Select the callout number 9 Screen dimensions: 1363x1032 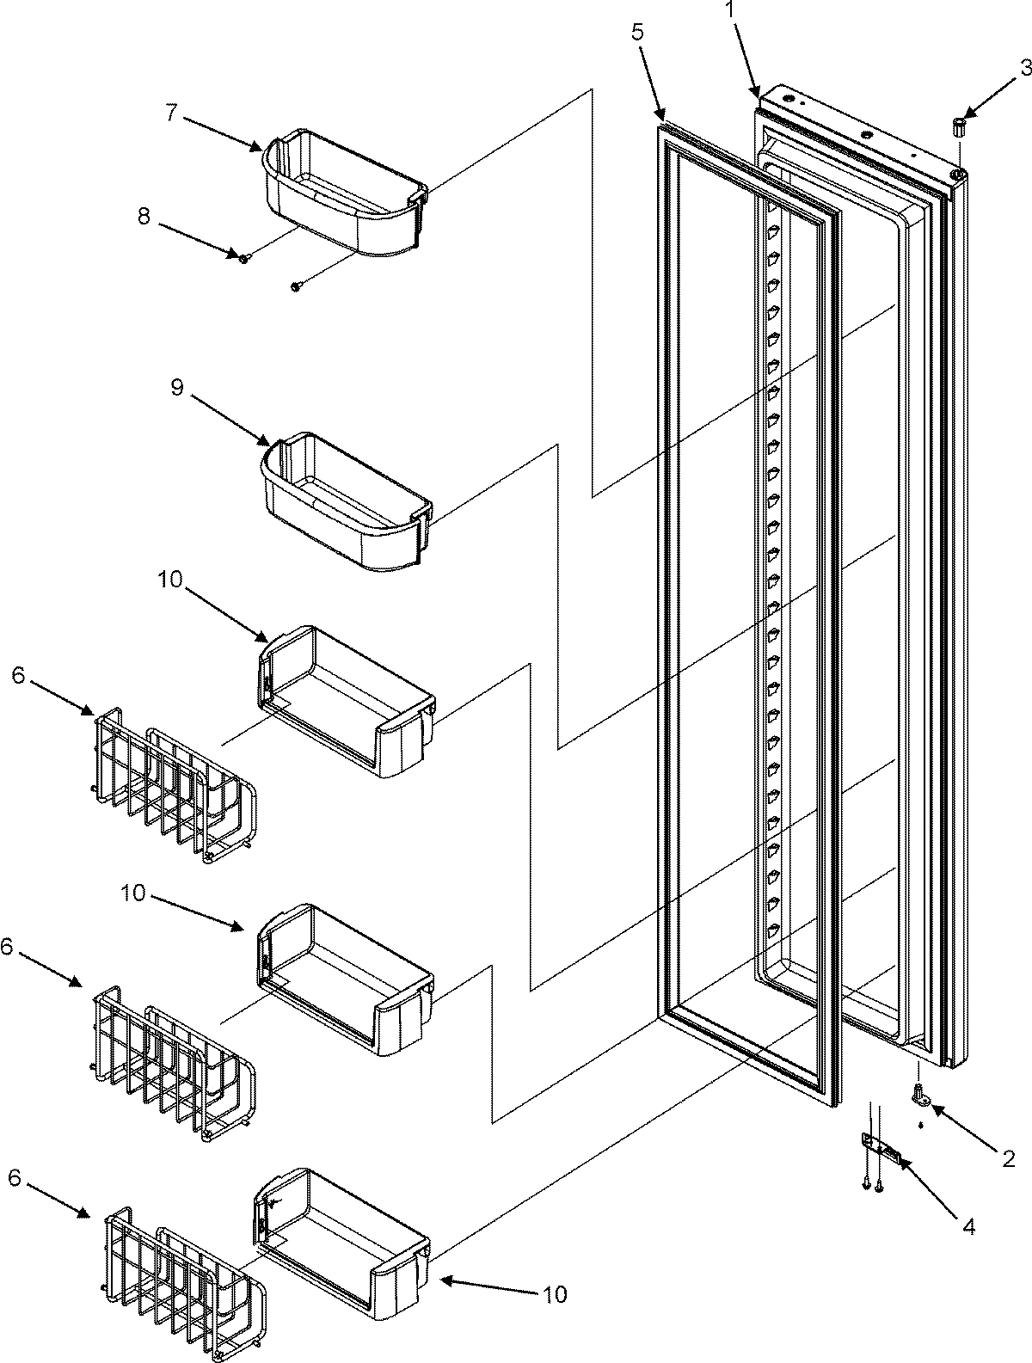point(176,388)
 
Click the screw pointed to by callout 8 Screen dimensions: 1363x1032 point(244,258)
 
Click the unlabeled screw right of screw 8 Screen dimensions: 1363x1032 point(297,286)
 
